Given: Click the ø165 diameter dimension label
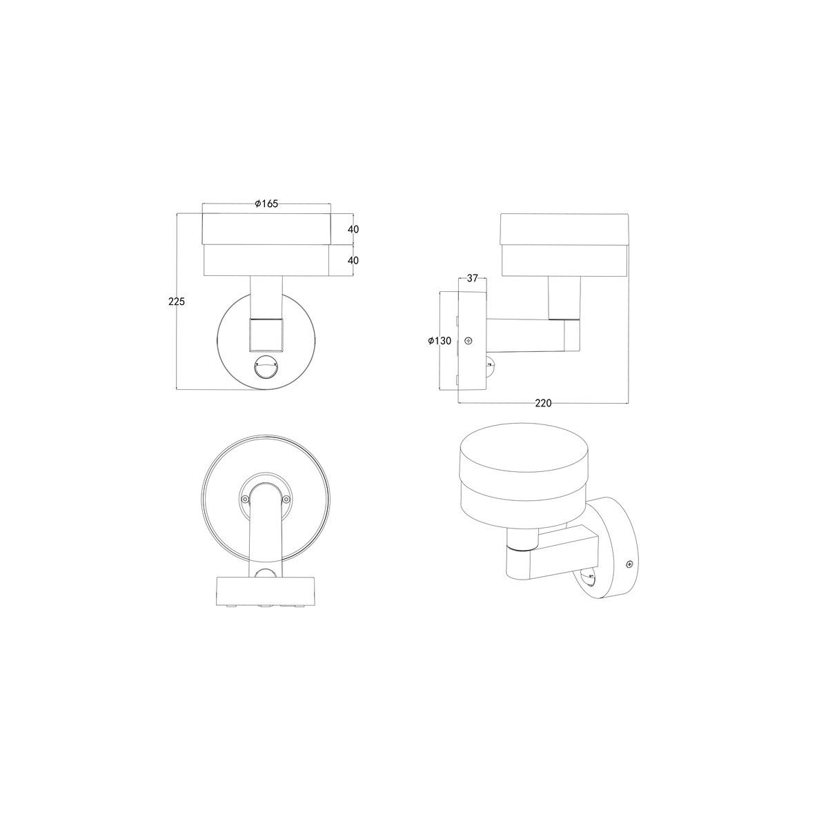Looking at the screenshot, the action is [x=266, y=204].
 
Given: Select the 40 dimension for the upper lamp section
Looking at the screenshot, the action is [x=353, y=230].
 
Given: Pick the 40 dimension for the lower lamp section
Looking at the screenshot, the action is [x=353, y=260].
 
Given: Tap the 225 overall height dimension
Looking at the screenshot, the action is [x=177, y=302].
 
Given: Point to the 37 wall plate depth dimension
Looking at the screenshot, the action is [x=472, y=278].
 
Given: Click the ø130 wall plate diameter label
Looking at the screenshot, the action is [x=440, y=341].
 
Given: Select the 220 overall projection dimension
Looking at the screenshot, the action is [x=543, y=403].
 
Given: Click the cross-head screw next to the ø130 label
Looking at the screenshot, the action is [x=471, y=341].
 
